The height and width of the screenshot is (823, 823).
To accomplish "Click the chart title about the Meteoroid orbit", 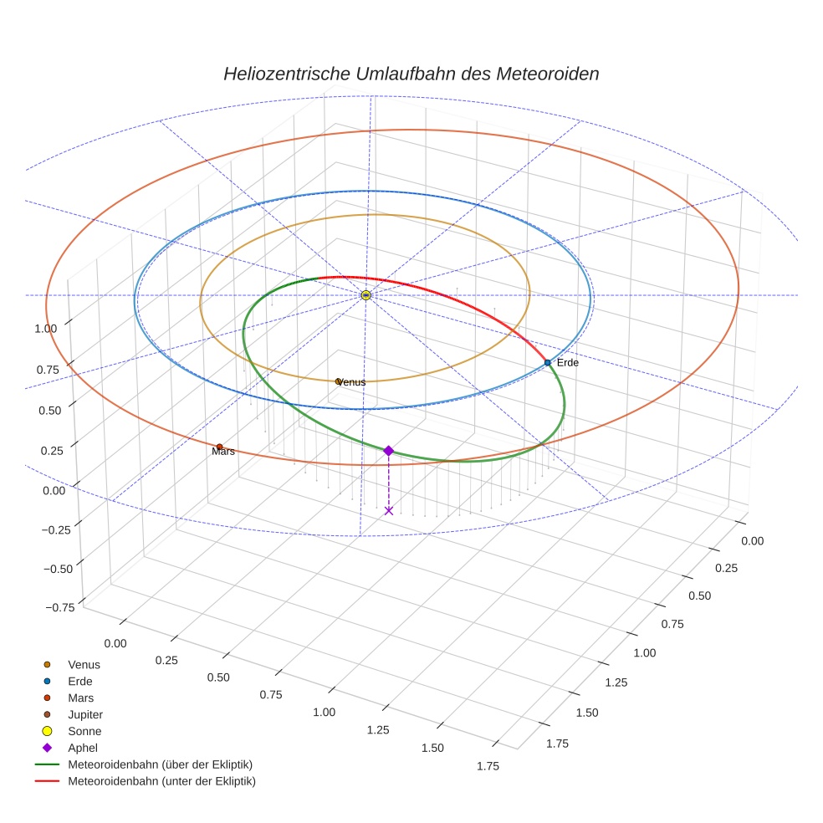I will pos(411,74).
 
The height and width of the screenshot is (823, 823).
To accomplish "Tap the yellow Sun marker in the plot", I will pos(365,295).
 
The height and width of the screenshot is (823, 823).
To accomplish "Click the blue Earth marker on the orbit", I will pos(548,362).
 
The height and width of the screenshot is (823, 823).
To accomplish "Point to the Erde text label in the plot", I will pos(568,363).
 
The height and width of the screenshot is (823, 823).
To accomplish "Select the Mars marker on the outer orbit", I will pos(219,447).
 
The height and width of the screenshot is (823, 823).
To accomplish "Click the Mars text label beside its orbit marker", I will pos(223,452).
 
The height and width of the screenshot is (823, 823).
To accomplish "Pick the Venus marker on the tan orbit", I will pos(338,381).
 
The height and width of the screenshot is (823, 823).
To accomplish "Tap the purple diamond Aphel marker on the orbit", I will pos(388,451).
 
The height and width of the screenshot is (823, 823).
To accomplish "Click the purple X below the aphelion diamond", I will pos(388,510).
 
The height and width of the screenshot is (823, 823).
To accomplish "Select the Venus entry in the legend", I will pos(84,665).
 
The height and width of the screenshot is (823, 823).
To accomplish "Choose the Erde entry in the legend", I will pos(80,682).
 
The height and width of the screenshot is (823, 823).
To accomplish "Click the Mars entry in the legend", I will pos(80,698).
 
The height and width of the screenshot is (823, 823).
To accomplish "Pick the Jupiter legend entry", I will pos(85,715).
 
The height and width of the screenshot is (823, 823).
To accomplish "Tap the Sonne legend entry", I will pos(84,732).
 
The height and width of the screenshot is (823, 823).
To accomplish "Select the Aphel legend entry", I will pos(82,749).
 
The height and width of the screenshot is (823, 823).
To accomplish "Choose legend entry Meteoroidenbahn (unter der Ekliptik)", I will pos(161,782).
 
